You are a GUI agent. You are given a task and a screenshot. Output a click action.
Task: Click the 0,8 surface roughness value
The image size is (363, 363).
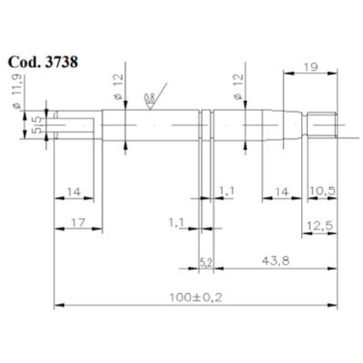point(149,98)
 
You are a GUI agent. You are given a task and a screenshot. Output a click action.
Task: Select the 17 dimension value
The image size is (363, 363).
point(78,223)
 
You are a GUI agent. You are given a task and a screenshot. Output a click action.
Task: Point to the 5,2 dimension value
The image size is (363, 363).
point(206,263)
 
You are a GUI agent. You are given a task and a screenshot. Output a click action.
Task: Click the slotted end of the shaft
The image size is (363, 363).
point(71,125)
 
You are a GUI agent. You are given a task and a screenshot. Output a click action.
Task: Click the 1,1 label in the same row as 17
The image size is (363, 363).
point(178,223)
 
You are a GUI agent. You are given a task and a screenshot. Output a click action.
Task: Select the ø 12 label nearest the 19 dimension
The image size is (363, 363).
point(238,86)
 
